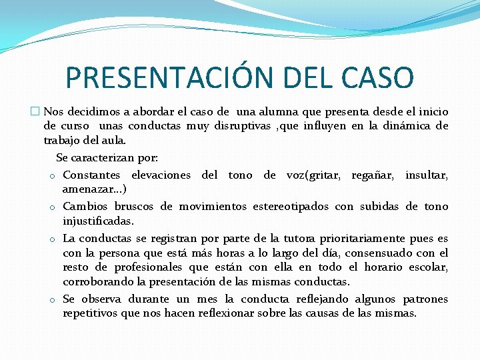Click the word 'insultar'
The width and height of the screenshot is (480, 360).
pyautogui.click(x=426, y=175)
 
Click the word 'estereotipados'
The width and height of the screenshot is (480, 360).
pyautogui.click(x=231, y=207)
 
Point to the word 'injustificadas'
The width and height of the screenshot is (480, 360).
pyautogui.click(x=98, y=221)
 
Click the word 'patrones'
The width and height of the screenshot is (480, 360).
pyautogui.click(x=425, y=299)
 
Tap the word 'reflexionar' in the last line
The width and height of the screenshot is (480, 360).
pyautogui.click(x=227, y=313)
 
